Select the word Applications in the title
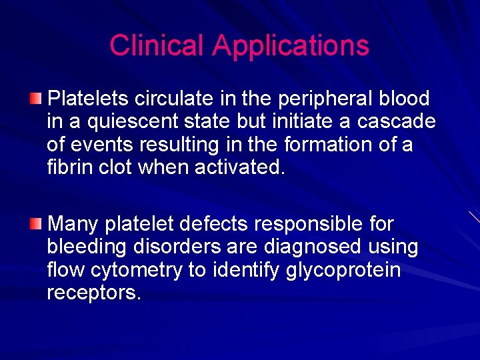pyautogui.click(x=291, y=45)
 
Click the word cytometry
pyautogui.click(x=134, y=270)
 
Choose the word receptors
pyautogui.click(x=94, y=293)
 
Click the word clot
pyautogui.click(x=117, y=167)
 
